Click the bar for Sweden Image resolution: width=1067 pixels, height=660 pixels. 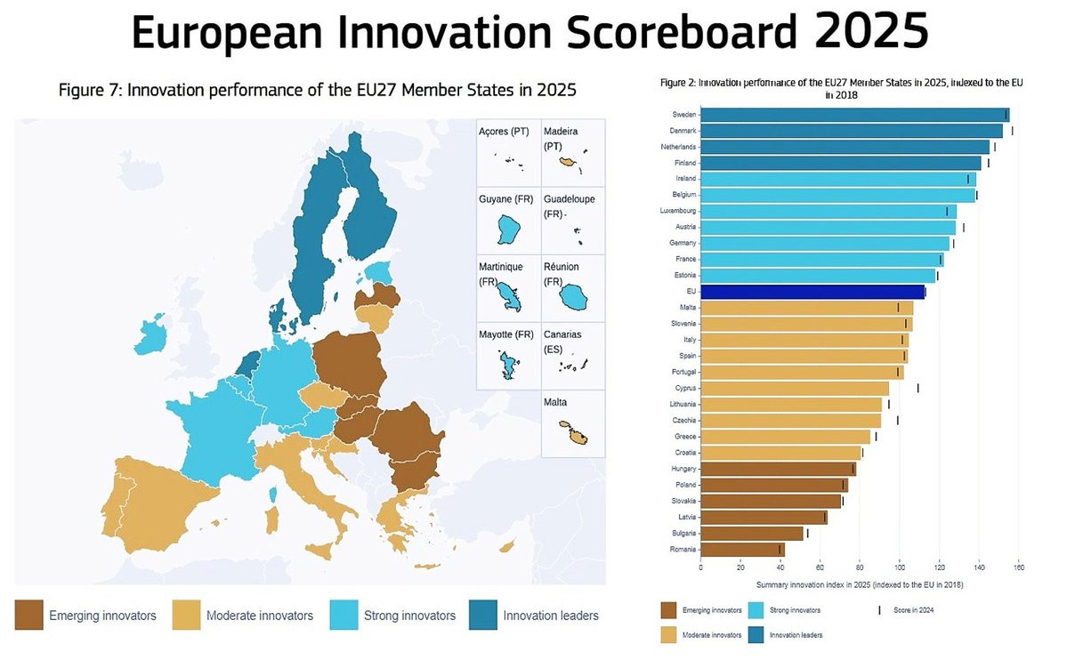(x=854, y=115)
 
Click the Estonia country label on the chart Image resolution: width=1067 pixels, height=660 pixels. (x=685, y=276)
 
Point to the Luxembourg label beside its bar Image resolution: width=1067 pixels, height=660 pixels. (x=678, y=211)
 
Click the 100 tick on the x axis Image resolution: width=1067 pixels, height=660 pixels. (x=900, y=567)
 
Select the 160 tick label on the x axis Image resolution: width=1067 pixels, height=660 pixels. (x=1019, y=567)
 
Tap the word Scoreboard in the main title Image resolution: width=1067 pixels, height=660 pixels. (x=673, y=33)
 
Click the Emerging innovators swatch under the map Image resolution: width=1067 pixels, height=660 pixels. (x=28, y=615)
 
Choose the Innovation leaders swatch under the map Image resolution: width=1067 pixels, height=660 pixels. (x=482, y=615)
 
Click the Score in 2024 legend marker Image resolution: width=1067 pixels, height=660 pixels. (x=879, y=610)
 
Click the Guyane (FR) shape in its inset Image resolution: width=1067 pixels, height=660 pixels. (x=510, y=230)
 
